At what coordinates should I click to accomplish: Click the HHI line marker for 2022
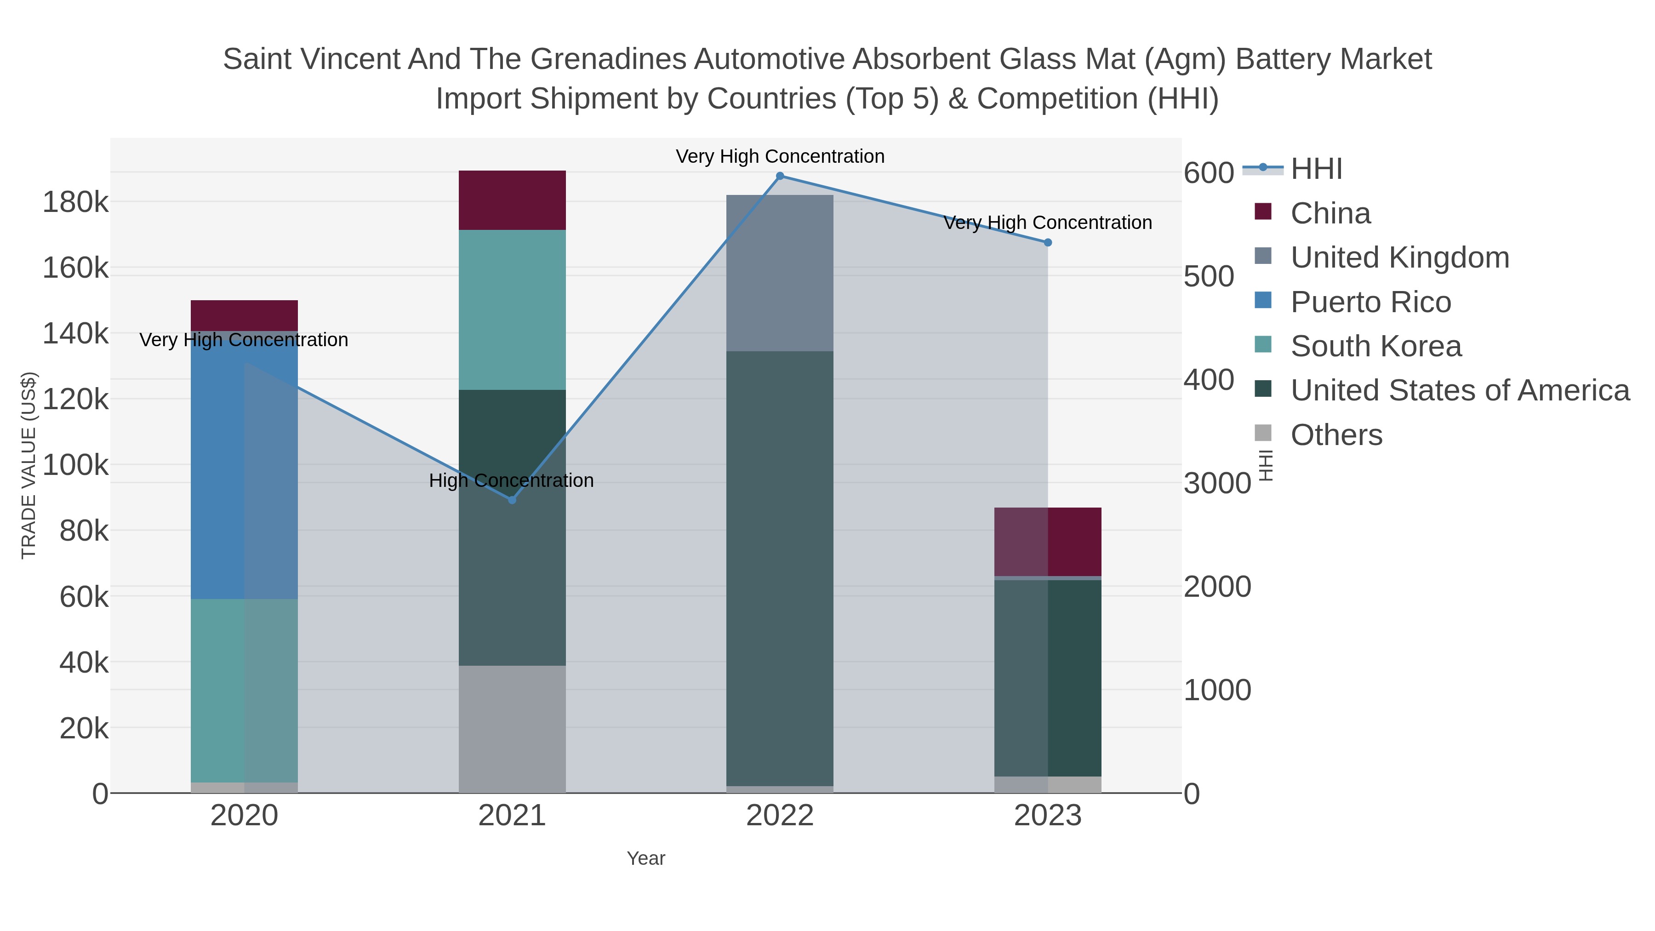click(780, 176)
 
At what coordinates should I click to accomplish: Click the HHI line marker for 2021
click(512, 500)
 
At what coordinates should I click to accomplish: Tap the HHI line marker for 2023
click(1048, 242)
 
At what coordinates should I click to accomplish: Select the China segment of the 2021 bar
click(512, 200)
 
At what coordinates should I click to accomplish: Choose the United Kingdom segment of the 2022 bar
click(780, 273)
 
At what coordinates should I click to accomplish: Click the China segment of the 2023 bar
click(1048, 541)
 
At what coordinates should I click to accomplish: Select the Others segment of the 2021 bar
click(512, 729)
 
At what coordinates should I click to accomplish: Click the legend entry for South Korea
click(1375, 346)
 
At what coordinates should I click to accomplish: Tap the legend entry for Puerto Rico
click(1370, 302)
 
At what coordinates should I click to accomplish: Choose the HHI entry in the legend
click(1316, 169)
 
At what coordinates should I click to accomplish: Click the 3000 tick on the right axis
click(1217, 483)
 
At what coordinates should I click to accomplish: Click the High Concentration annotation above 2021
click(511, 480)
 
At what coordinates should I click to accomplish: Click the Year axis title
click(646, 858)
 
